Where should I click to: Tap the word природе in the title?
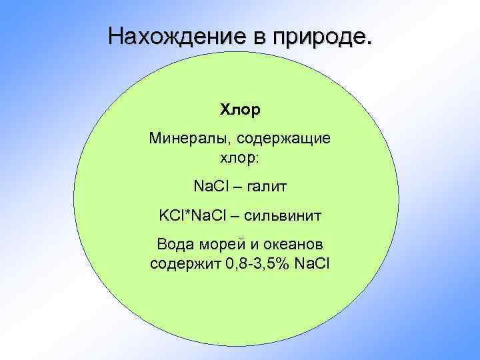(x=318, y=37)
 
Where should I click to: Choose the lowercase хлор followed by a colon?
(x=240, y=159)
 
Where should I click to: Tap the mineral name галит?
(x=267, y=187)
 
